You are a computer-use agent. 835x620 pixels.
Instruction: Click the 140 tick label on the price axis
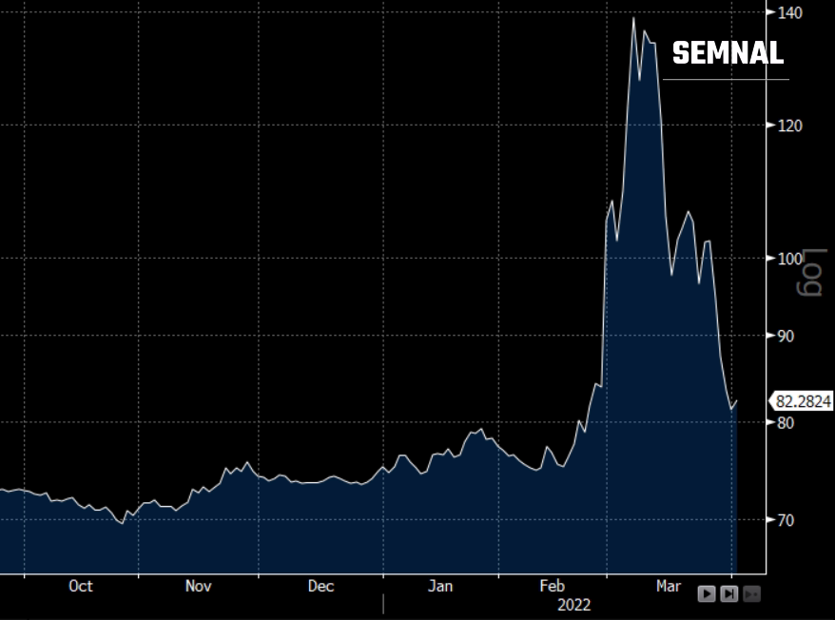[x=790, y=12]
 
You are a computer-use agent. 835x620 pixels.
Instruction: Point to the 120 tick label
[x=790, y=126]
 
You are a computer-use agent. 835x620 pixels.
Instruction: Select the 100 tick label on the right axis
[x=790, y=259]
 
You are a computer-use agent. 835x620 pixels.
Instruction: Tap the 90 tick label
[x=786, y=336]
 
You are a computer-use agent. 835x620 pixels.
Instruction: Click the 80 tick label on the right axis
[x=786, y=423]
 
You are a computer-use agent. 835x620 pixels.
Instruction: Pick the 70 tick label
[x=786, y=520]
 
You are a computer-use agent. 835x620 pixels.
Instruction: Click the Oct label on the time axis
[x=81, y=586]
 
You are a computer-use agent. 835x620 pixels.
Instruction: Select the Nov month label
[x=198, y=586]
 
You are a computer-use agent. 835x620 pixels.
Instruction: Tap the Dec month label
[x=320, y=586]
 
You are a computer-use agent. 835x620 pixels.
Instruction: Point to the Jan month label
[x=440, y=586]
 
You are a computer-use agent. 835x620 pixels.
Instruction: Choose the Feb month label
[x=552, y=586]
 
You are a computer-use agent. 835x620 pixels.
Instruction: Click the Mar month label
[x=669, y=586]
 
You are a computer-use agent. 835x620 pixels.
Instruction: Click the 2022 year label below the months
[x=573, y=605]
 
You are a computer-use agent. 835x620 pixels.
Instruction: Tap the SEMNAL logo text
[x=728, y=53]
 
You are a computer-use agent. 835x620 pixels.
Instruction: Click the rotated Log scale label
[x=809, y=272]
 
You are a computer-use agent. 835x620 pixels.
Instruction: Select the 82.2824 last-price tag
[x=802, y=401]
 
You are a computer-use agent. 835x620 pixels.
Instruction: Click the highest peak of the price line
[x=633, y=18]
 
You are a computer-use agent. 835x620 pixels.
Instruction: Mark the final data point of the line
[x=736, y=401]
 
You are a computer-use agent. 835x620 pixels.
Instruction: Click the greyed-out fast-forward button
[x=751, y=593]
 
